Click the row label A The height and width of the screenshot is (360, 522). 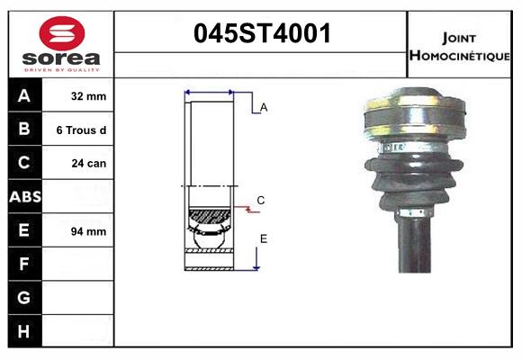pos(24,95)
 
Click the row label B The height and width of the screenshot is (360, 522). pos(24,130)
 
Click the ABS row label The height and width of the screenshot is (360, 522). pos(24,196)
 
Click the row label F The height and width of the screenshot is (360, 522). pos(24,264)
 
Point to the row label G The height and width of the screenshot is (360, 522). pos(24,298)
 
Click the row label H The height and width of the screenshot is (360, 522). pos(24,331)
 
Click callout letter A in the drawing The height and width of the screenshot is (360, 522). pos(264,107)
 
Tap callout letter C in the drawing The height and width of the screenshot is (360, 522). pos(260,200)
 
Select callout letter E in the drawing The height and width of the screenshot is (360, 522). pos(264,238)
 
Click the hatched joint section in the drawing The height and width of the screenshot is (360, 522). pos(210,216)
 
